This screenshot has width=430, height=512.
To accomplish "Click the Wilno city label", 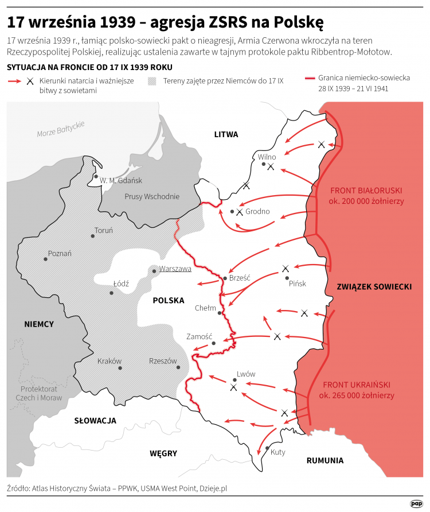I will tap(267, 157).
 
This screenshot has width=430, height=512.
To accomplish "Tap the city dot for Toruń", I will tap(93, 235).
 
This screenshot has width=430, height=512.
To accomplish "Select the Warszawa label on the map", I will tap(175, 268).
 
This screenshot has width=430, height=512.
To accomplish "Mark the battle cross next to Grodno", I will tap(239, 212).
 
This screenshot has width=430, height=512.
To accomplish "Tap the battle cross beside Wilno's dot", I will tap(271, 167).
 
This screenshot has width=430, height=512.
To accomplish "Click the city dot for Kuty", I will tap(267, 448).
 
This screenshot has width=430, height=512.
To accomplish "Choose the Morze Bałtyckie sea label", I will tap(61, 129).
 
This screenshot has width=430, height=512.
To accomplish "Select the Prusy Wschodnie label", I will tap(151, 196).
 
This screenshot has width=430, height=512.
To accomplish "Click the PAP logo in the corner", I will tap(416, 503).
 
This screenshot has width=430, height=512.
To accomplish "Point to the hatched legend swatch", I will tap(153, 81).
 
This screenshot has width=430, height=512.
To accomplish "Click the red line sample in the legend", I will tap(310, 77).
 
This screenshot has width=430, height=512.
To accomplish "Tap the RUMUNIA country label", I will tap(325, 460).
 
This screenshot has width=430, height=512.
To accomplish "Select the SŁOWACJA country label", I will tap(95, 421).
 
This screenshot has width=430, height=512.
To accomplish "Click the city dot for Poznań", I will tap(45, 259).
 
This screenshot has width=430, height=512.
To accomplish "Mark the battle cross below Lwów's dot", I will tap(233, 388).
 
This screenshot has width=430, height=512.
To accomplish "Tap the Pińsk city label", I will tap(297, 284).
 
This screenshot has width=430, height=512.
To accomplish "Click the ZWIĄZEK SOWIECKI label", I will tap(374, 286).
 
